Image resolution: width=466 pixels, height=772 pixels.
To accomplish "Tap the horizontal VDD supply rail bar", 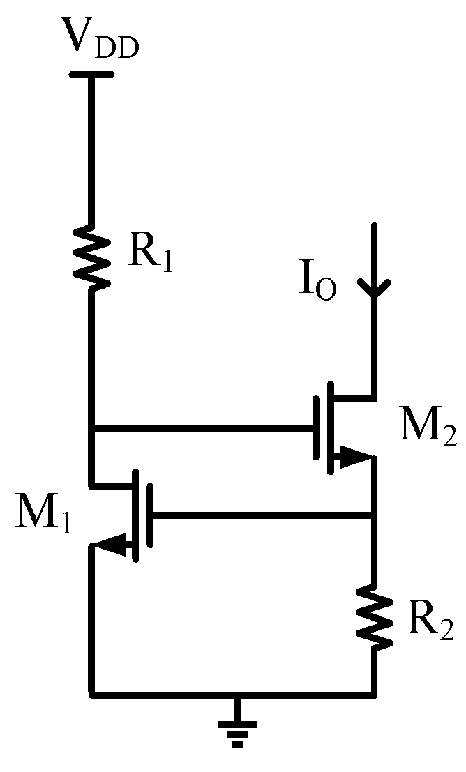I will [x=91, y=75].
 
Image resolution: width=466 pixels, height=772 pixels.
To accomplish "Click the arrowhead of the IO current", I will [x=374, y=287].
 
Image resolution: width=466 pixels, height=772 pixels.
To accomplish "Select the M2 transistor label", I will [x=428, y=428].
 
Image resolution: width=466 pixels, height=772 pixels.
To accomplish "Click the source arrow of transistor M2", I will [x=355, y=457].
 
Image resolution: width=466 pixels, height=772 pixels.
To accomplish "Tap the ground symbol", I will [x=237, y=729].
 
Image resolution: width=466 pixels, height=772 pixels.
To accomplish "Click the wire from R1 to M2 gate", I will [x=202, y=427].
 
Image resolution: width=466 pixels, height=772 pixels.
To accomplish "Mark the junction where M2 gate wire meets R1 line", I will [x=91, y=427].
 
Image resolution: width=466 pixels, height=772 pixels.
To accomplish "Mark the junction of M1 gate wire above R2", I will [x=374, y=516].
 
